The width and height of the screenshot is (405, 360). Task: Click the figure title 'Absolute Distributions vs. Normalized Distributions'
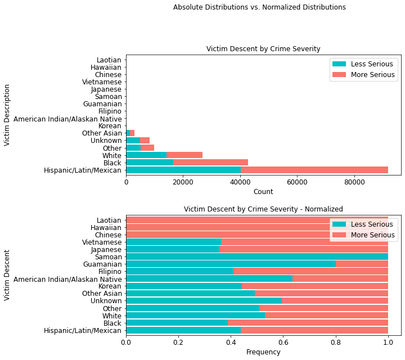click(259, 7)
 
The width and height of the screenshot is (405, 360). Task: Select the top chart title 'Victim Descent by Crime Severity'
click(263, 49)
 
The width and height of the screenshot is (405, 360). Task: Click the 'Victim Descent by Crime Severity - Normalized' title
click(263, 209)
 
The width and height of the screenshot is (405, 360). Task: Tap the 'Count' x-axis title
click(263, 192)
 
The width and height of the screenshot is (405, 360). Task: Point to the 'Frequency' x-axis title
click(263, 352)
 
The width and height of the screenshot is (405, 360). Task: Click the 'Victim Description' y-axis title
click(7, 115)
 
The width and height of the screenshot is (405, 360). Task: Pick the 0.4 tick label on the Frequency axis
click(231, 342)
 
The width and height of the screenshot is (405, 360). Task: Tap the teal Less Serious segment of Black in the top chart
click(149, 163)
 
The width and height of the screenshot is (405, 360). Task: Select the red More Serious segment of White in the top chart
click(184, 155)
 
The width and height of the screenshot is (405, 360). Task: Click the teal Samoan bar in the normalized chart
click(257, 256)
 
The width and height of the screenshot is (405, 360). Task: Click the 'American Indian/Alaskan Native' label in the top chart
click(67, 119)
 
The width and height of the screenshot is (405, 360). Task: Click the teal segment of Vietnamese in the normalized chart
click(165, 242)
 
